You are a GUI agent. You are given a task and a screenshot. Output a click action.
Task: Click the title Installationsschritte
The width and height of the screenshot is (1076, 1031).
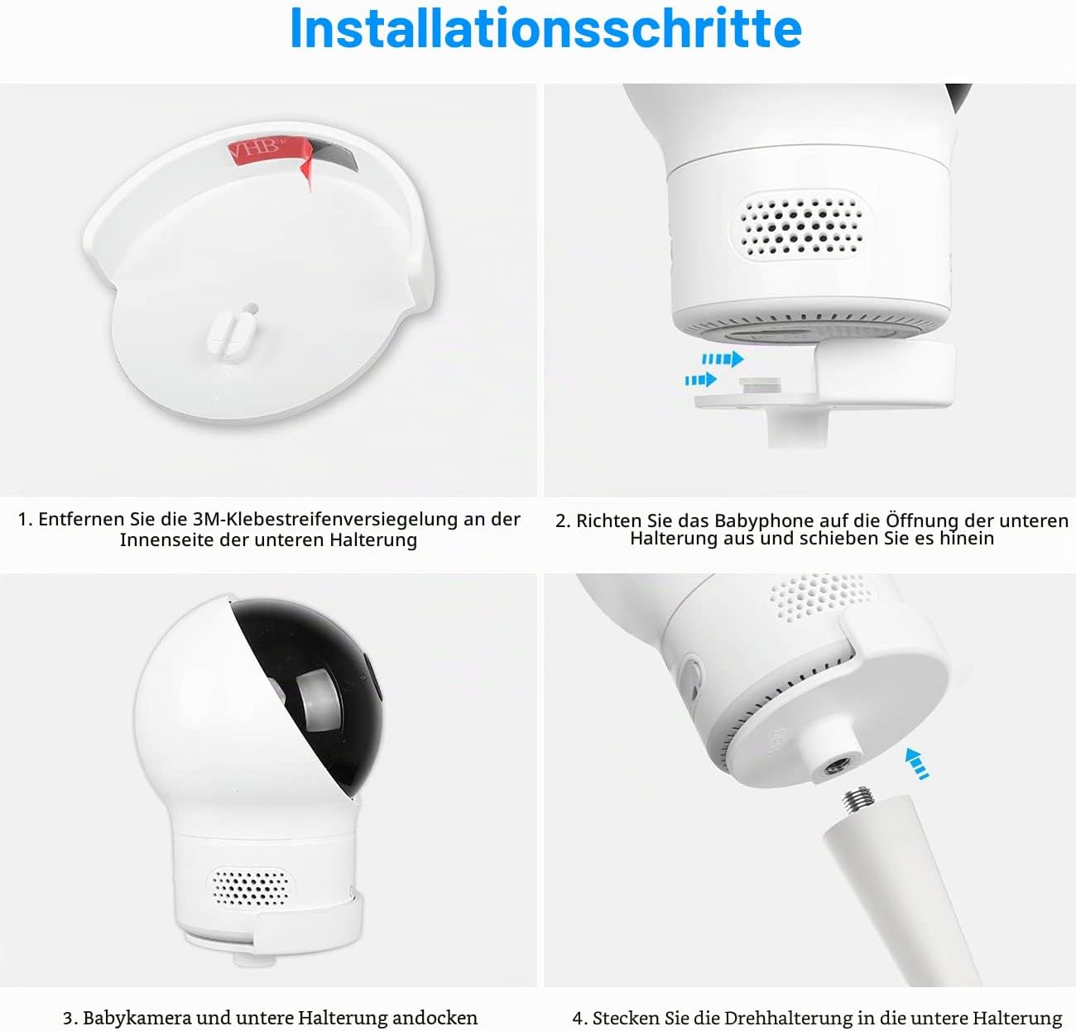545,29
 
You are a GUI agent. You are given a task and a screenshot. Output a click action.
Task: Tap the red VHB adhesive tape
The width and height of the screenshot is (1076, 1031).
269,152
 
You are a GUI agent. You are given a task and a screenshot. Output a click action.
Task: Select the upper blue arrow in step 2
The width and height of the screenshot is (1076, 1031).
723,359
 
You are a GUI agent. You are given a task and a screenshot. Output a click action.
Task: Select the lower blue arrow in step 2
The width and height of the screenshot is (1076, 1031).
700,380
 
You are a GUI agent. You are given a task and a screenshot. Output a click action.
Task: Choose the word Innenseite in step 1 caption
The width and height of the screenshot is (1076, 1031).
166,539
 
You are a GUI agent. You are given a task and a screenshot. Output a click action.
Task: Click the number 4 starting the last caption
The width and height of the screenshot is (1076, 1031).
578,1019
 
